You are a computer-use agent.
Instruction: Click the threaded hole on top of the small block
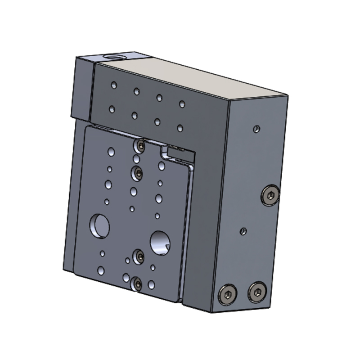pyautogui.click(x=110, y=57)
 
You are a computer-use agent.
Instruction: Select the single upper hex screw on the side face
pyautogui.click(x=270, y=195)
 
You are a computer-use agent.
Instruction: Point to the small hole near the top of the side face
pyautogui.click(x=256, y=129)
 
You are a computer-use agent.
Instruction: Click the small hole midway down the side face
pyautogui.click(x=243, y=231)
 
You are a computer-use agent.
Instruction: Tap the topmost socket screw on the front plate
pyautogui.click(x=140, y=146)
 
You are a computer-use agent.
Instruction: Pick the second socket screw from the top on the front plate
pyautogui.click(x=137, y=171)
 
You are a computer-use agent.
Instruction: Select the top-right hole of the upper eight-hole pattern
pyautogui.click(x=182, y=104)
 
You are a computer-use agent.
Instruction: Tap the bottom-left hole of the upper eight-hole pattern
pyautogui.click(x=112, y=108)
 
